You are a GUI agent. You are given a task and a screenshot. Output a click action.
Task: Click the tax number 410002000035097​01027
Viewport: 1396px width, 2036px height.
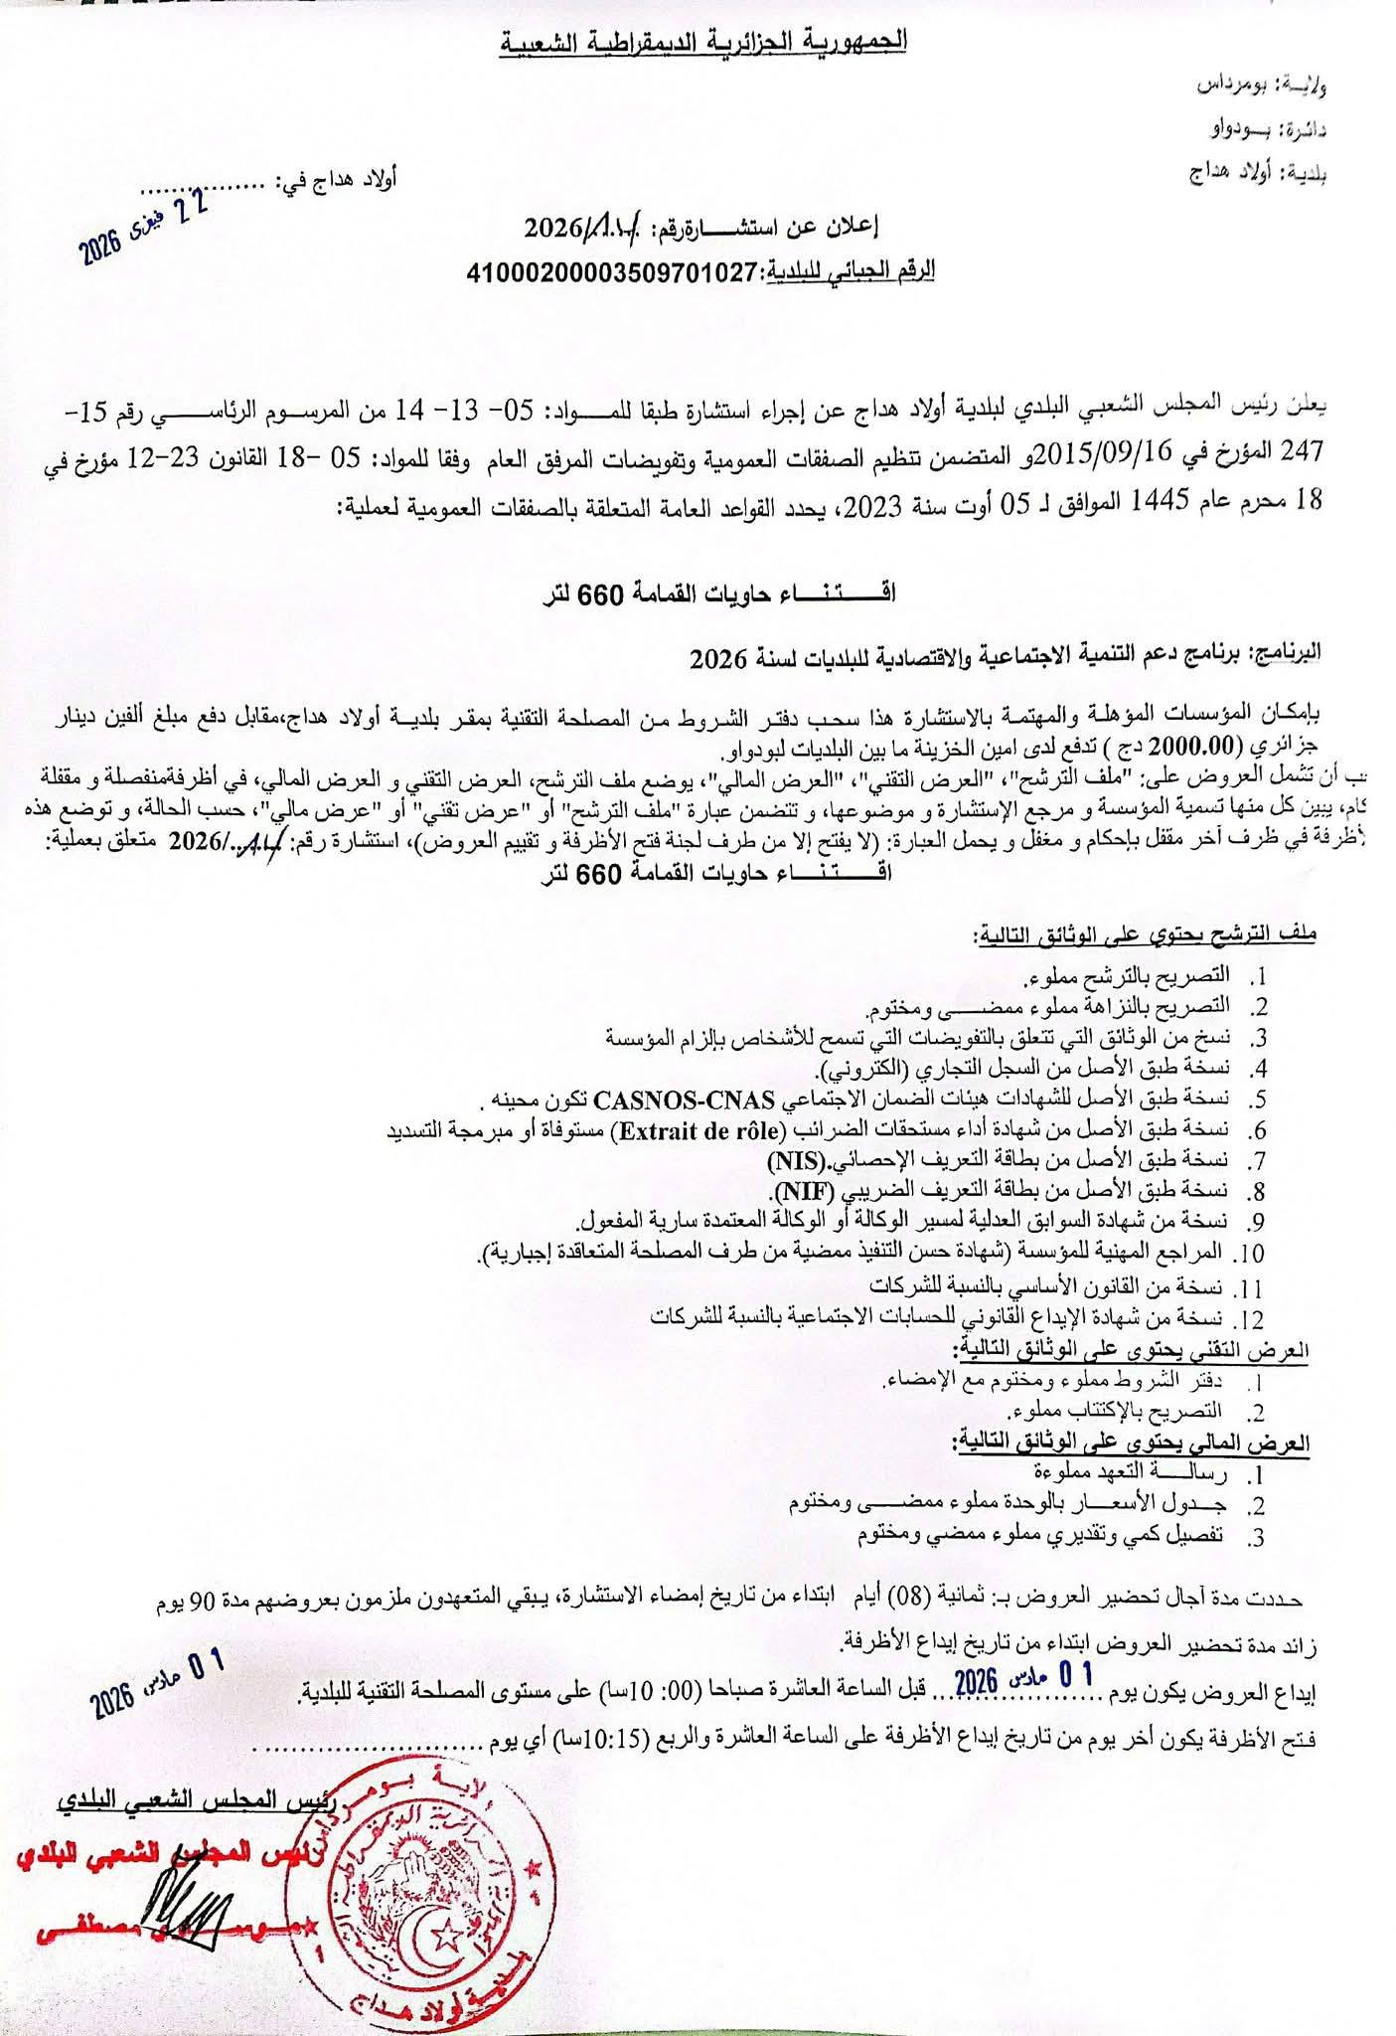point(613,271)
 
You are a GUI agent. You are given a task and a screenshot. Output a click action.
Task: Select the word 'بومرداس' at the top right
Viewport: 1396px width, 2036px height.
point(1245,85)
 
